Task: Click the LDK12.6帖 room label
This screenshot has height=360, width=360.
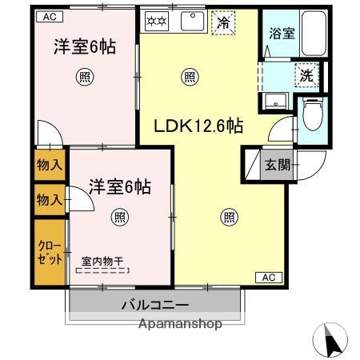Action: coord(198,125)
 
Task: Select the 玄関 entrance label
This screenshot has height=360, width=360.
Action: coord(278,166)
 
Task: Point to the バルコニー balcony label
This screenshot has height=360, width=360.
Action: coord(155,306)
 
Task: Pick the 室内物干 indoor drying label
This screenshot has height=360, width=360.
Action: coord(103,261)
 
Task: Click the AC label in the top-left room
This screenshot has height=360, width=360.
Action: coord(50,15)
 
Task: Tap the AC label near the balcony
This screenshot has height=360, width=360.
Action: coord(268,278)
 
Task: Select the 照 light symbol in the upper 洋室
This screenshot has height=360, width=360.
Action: coord(83,78)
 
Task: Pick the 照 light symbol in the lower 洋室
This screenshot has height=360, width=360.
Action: coord(118,216)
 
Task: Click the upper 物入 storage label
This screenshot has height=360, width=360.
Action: coord(50,166)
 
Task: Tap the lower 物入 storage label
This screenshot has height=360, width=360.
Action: coord(50,199)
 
